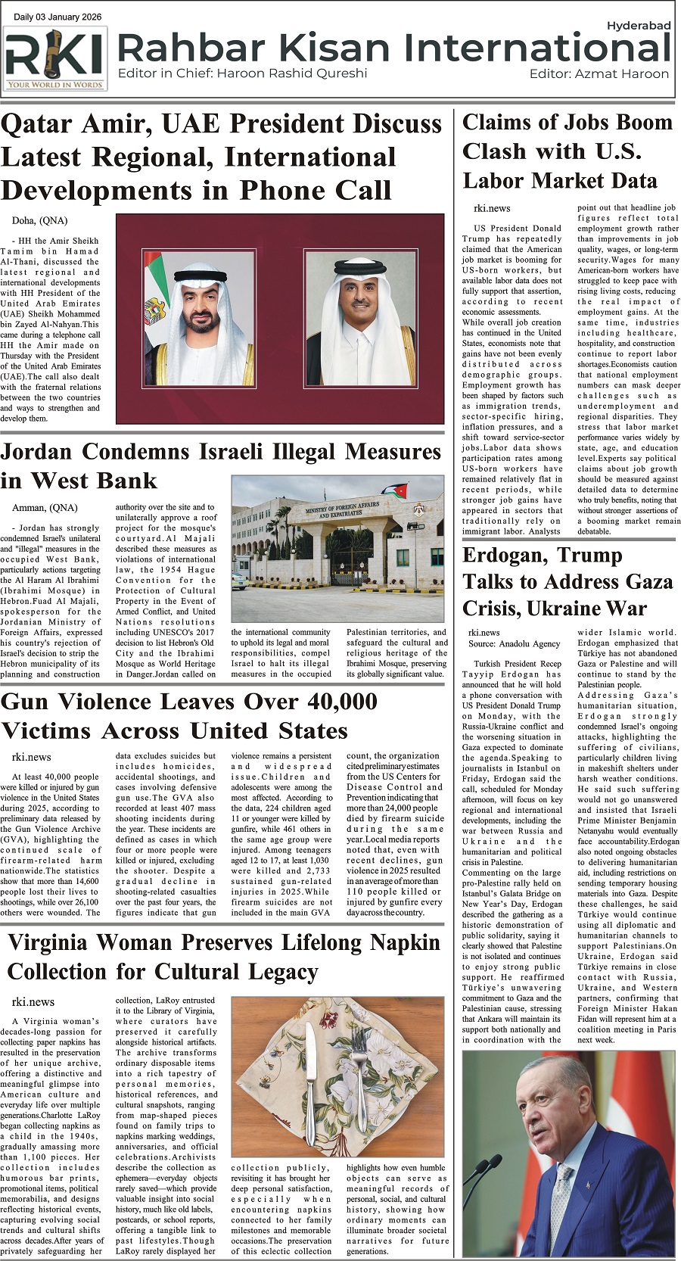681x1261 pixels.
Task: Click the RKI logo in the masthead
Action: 54,59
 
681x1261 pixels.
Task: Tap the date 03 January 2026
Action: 67,17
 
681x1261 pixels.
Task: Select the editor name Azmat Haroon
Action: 620,73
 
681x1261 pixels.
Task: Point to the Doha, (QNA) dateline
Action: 39,220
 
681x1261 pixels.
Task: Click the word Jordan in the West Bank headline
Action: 36,452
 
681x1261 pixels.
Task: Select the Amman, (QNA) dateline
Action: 45,507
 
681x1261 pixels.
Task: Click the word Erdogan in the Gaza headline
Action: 504,556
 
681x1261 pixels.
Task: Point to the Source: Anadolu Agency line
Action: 515,643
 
